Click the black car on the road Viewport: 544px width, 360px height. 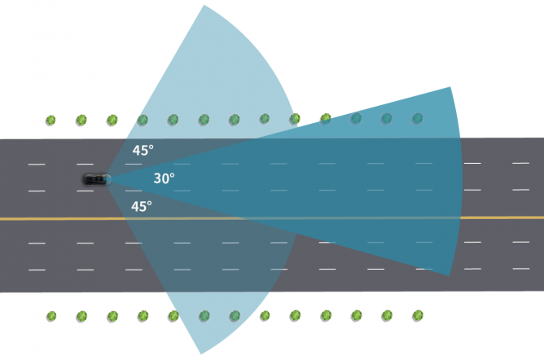coord(95,178)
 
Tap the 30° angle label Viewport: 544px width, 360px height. coord(164,178)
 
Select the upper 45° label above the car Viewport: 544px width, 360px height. coord(143,150)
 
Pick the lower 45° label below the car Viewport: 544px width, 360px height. coord(142,207)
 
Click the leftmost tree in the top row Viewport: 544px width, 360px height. coord(50,121)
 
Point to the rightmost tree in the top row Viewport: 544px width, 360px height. coord(417,119)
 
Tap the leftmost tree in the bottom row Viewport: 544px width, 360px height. coord(50,315)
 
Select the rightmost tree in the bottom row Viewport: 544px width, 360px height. coord(417,314)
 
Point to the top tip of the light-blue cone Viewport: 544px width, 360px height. coord(203,7)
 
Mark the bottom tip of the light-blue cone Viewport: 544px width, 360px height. coord(200,353)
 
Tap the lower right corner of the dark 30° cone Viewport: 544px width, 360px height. coord(450,274)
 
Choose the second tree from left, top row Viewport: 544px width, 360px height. coord(81,121)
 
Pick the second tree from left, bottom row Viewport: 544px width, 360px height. coord(81,315)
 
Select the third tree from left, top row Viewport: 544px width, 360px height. coord(112,121)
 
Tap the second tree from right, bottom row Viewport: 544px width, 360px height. coord(387,314)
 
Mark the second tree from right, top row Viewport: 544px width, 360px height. coord(387,119)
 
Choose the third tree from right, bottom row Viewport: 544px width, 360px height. coord(356,314)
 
